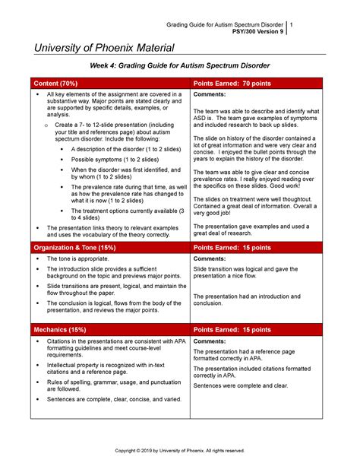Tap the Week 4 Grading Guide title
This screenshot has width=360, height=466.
(x=181, y=66)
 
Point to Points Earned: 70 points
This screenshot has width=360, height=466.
(x=233, y=82)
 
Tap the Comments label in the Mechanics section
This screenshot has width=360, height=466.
(x=212, y=341)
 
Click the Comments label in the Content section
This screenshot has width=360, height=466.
(x=212, y=94)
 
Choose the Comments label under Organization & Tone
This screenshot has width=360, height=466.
(x=212, y=259)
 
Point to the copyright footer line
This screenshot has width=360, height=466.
(x=180, y=450)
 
